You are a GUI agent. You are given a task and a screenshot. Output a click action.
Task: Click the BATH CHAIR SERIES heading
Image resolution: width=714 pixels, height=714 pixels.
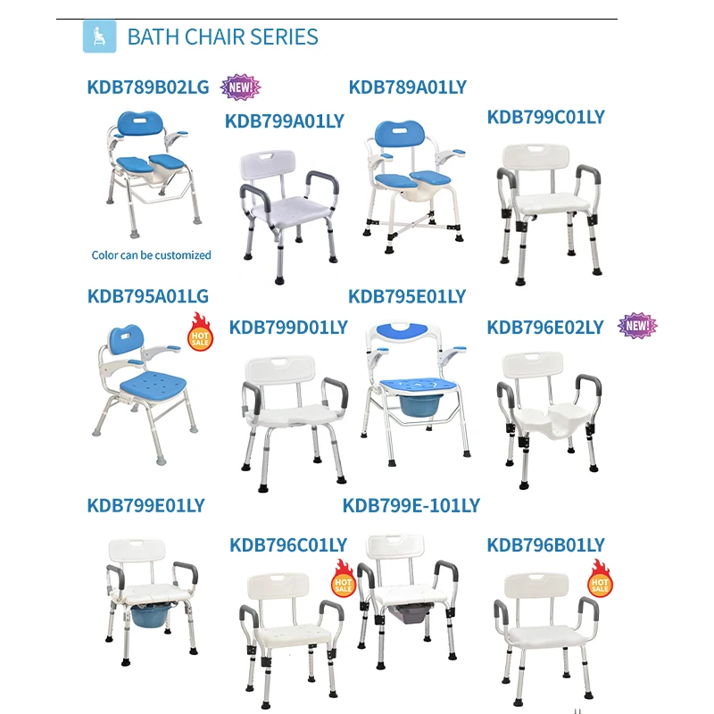pyautogui.click(x=222, y=37)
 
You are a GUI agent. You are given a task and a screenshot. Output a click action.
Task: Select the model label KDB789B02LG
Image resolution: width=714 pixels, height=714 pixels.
pyautogui.click(x=148, y=87)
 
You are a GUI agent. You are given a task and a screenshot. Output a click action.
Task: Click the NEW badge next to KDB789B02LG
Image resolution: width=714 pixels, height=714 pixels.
pyautogui.click(x=241, y=87)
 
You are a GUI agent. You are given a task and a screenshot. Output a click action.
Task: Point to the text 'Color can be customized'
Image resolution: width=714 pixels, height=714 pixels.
pyautogui.click(x=152, y=255)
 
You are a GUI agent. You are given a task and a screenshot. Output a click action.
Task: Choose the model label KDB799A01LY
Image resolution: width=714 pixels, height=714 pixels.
pyautogui.click(x=285, y=120)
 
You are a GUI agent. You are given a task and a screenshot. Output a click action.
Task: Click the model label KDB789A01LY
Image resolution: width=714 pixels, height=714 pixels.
pyautogui.click(x=407, y=87)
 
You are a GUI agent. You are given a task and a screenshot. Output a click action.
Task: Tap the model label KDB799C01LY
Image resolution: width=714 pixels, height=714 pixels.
pyautogui.click(x=545, y=117)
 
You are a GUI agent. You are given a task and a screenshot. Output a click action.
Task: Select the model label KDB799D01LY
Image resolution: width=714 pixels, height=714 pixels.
pyautogui.click(x=288, y=328)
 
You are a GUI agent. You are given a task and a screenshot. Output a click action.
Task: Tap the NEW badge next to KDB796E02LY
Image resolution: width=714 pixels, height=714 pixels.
pyautogui.click(x=637, y=326)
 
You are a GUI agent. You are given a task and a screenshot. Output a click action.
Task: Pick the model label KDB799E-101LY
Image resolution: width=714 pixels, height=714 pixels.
pyautogui.click(x=411, y=506)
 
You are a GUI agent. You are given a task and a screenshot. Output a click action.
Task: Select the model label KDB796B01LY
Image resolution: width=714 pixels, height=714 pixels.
pyautogui.click(x=545, y=544)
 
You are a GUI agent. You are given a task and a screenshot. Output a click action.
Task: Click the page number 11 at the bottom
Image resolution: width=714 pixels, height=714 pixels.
pyautogui.click(x=577, y=710)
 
